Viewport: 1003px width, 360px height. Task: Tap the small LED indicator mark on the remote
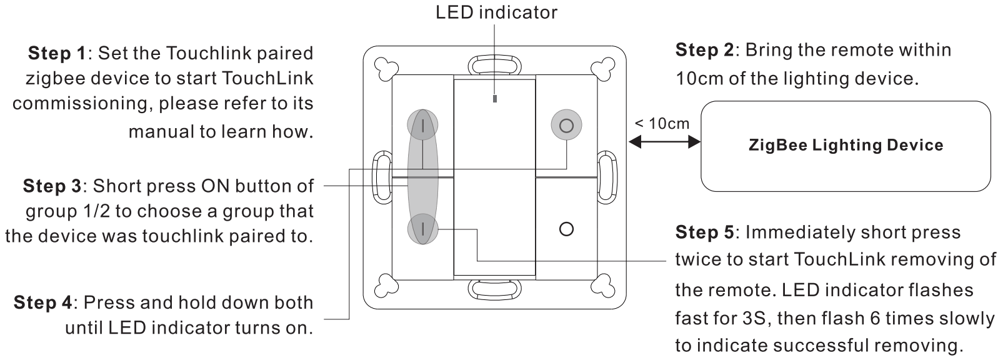pyautogui.click(x=495, y=99)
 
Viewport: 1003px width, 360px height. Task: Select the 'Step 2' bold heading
pyautogui.click(x=704, y=50)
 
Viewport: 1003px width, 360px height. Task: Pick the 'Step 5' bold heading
pyautogui.click(x=704, y=232)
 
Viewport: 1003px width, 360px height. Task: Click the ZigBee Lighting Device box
pyautogui.click(x=846, y=146)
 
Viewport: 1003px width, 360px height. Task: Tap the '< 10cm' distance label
pyautogui.click(x=662, y=123)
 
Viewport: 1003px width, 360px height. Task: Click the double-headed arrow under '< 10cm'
pyautogui.click(x=664, y=143)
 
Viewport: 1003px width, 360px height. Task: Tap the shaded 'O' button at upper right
pyautogui.click(x=566, y=126)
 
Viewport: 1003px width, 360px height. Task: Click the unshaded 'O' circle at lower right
pyautogui.click(x=566, y=229)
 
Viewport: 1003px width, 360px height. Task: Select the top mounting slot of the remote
pyautogui.click(x=495, y=64)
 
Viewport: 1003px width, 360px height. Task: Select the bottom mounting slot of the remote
pyautogui.click(x=495, y=289)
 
